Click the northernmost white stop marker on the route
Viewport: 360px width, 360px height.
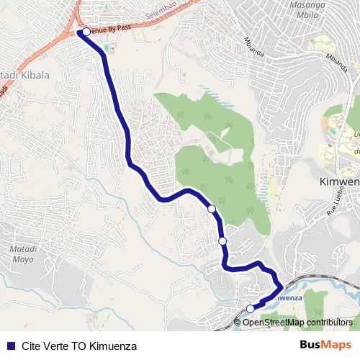point(86,32)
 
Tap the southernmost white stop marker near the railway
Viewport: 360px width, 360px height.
point(251,309)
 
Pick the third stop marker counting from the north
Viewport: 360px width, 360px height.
point(222,241)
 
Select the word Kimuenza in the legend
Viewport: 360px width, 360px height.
point(116,346)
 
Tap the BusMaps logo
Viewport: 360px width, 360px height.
point(325,345)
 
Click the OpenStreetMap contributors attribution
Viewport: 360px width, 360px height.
point(297,322)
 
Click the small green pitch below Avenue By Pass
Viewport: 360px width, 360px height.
point(108,48)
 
